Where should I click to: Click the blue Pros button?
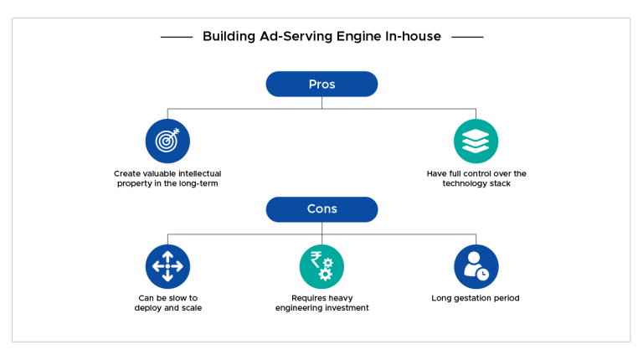click(321, 85)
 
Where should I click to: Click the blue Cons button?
click(321, 209)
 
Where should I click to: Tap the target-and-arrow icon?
click(167, 141)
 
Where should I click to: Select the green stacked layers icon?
click(476, 141)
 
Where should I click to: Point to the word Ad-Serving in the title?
click(296, 37)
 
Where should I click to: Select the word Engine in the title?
click(357, 37)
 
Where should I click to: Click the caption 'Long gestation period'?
click(476, 298)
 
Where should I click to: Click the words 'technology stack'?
click(476, 183)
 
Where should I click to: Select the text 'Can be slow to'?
click(167, 298)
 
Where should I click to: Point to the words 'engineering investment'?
click(321, 308)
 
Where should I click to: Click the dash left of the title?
click(176, 37)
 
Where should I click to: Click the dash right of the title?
click(467, 37)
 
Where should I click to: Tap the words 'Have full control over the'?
click(476, 173)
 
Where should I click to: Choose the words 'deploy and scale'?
click(167, 308)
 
